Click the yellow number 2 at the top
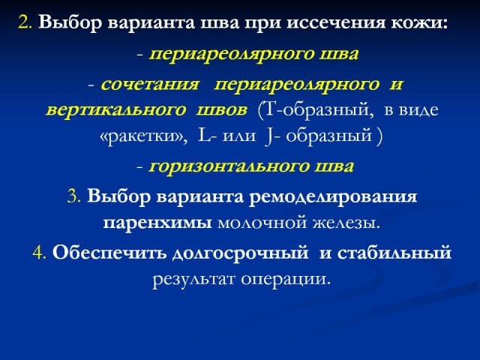coord(25,22)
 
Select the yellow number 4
coord(39,253)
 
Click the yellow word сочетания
coord(149,84)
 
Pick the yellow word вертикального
coord(116,110)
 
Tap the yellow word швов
coord(222,110)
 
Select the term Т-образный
coord(316,110)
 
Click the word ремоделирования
coord(333,196)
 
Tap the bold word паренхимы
coord(157,223)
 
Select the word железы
coord(346,223)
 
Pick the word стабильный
coord(394,253)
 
